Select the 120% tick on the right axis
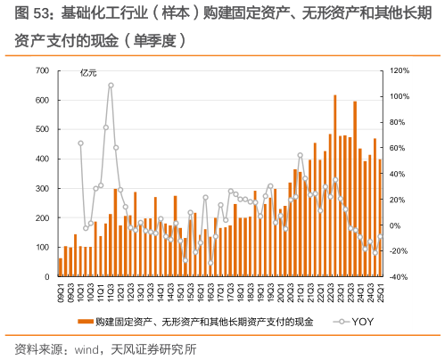tap(399, 70)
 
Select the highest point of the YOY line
tap(111, 86)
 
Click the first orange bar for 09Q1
tap(61, 267)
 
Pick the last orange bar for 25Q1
tap(380, 217)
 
